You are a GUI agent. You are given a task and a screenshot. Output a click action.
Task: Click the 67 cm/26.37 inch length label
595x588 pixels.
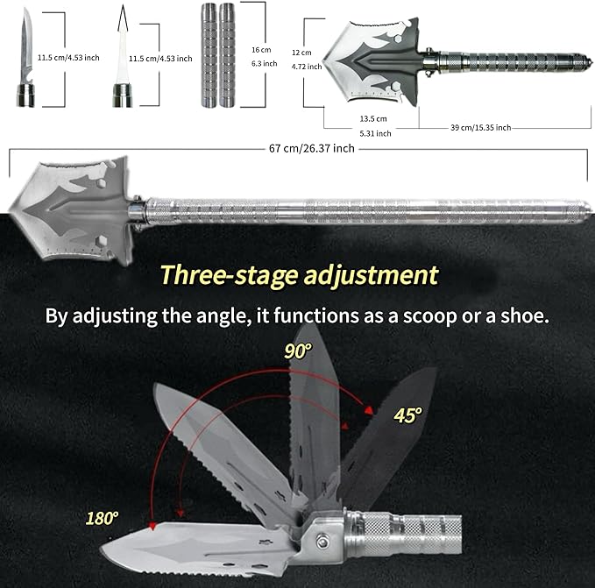pyautogui.click(x=312, y=148)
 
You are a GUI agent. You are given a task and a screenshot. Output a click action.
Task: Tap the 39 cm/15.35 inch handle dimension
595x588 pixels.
pyautogui.click(x=481, y=127)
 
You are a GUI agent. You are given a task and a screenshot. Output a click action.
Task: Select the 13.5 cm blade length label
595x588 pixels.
pyautogui.click(x=373, y=118)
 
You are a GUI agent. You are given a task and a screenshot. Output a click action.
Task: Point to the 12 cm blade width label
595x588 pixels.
pyautogui.click(x=301, y=53)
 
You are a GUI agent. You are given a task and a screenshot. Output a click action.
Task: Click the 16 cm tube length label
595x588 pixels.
pyautogui.click(x=261, y=50)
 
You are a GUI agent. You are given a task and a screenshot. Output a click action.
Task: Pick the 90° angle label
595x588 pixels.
pyautogui.click(x=298, y=351)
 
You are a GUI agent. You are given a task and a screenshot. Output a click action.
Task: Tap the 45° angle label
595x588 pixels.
pyautogui.click(x=407, y=415)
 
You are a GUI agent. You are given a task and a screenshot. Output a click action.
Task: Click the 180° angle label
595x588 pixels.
pyautogui.click(x=102, y=518)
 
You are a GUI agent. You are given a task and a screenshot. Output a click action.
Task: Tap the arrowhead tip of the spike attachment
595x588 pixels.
pyautogui.click(x=122, y=5)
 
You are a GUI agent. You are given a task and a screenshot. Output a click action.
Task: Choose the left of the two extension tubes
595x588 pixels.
pyautogui.click(x=209, y=55)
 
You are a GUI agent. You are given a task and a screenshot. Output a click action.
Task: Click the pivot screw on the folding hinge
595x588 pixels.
pyautogui.click(x=323, y=540)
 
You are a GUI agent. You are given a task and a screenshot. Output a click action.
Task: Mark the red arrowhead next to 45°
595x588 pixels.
pyautogui.click(x=368, y=410)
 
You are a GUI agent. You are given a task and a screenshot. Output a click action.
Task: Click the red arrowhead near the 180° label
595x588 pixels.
pyautogui.click(x=152, y=526)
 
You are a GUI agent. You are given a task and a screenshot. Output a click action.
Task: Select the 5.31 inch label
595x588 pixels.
pyautogui.click(x=375, y=133)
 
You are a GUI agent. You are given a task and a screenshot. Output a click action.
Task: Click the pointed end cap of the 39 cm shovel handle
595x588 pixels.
pyautogui.click(x=587, y=60)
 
